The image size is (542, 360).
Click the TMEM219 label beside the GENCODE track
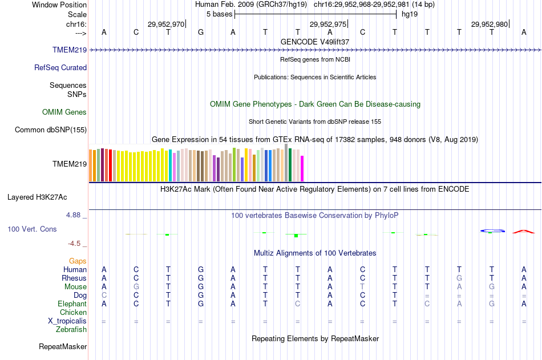pyautogui.click(x=70, y=50)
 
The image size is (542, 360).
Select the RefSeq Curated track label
pyautogui.click(x=60, y=67)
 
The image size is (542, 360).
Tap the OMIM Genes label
pyautogui.click(x=64, y=112)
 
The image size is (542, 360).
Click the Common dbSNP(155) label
pyautogui.click(x=51, y=130)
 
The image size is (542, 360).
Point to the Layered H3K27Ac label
pyautogui.click(x=37, y=197)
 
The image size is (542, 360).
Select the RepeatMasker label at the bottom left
pyautogui.click(x=63, y=346)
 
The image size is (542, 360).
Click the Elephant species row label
pyautogui.click(x=72, y=304)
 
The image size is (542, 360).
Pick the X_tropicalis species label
pyautogui.click(x=67, y=321)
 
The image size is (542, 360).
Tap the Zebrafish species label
pyautogui.click(x=71, y=329)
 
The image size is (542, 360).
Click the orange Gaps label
pyautogui.click(x=78, y=261)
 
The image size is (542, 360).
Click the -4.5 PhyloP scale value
pyautogui.click(x=75, y=244)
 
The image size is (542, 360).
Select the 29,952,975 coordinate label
pyautogui.click(x=327, y=24)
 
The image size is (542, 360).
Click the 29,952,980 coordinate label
pyautogui.click(x=489, y=24)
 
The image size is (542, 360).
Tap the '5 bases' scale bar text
pyautogui.click(x=219, y=14)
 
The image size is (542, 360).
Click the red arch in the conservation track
pyautogui.click(x=523, y=232)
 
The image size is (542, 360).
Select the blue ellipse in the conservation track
pyautogui.click(x=492, y=230)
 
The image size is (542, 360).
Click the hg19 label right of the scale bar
pyautogui.click(x=410, y=14)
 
